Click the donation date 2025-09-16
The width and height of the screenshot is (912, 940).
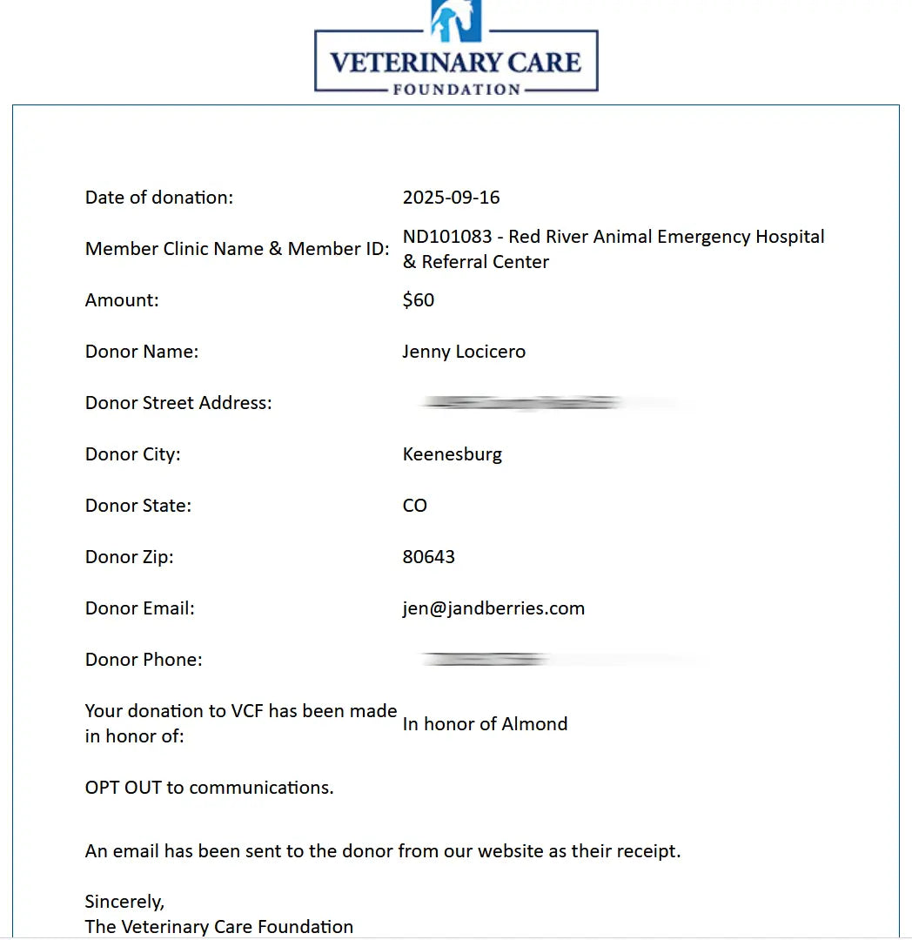pyautogui.click(x=451, y=198)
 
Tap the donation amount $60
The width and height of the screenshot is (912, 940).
pyautogui.click(x=419, y=300)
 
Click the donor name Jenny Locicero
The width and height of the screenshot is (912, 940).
pyautogui.click(x=464, y=352)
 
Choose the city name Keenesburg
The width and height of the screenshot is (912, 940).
pyautogui.click(x=452, y=454)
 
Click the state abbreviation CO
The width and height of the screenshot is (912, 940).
pyautogui.click(x=414, y=506)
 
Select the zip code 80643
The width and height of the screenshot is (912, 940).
pyautogui.click(x=428, y=557)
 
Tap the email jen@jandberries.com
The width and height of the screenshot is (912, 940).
pyautogui.click(x=493, y=608)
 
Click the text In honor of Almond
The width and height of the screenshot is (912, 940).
pyautogui.click(x=485, y=724)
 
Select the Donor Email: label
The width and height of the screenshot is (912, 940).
pyautogui.click(x=140, y=608)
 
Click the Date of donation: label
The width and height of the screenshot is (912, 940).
pyautogui.click(x=159, y=198)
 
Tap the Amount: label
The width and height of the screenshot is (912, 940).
pyautogui.click(x=122, y=300)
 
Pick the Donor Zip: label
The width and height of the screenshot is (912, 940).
pyautogui.click(x=130, y=557)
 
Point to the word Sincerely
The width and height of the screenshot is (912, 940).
pyautogui.click(x=124, y=901)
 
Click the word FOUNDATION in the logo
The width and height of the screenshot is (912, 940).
pyautogui.click(x=456, y=89)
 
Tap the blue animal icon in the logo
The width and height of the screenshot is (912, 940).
pyautogui.click(x=456, y=19)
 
